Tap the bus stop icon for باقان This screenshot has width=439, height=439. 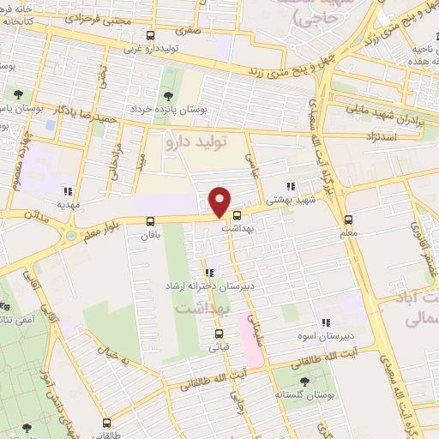pos(151,220)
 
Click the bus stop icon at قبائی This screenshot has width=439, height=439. pos(219,334)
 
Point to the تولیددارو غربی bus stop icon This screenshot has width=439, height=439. pos(151,36)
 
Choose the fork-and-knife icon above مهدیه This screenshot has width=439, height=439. pos(67,191)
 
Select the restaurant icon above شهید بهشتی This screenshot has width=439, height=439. pos(291,185)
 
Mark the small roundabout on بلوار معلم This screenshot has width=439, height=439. pos(69,235)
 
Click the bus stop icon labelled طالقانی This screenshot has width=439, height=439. pos(106,423)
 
